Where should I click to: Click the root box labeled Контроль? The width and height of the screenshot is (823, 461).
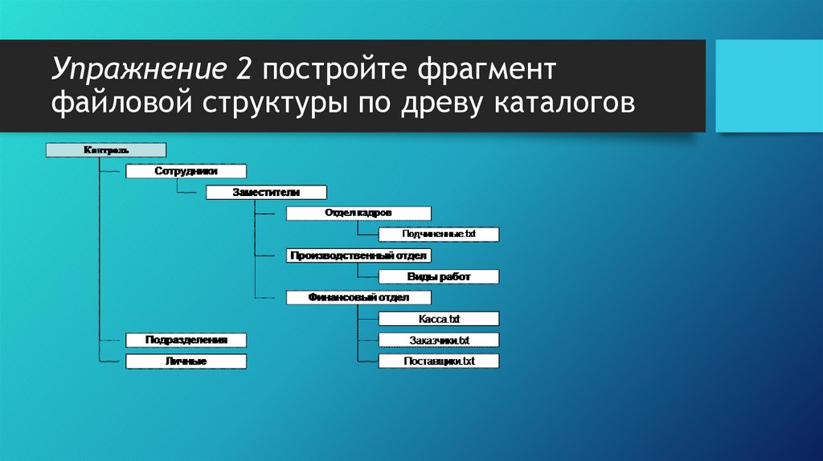pyautogui.click(x=106, y=150)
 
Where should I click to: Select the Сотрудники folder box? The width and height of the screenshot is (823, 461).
pyautogui.click(x=186, y=171)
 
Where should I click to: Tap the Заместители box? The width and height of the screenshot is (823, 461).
pyautogui.click(x=266, y=193)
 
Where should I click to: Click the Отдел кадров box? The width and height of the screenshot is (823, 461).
pyautogui.click(x=358, y=214)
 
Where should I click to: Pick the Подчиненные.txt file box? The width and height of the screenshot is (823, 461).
pyautogui.click(x=439, y=235)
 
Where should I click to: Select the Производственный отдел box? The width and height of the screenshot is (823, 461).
pyautogui.click(x=358, y=255)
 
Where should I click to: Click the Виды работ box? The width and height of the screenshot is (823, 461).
pyautogui.click(x=439, y=277)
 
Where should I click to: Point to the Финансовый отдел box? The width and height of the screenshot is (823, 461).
pyautogui.click(x=358, y=297)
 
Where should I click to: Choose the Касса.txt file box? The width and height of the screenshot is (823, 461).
pyautogui.click(x=439, y=319)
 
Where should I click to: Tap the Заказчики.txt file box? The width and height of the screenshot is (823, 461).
pyautogui.click(x=439, y=340)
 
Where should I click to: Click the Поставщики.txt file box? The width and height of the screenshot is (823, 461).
pyautogui.click(x=439, y=361)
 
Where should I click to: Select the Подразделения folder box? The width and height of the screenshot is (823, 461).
pyautogui.click(x=186, y=340)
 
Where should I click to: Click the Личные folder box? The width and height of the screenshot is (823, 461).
pyautogui.click(x=186, y=361)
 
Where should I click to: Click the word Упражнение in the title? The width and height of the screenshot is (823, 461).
pyautogui.click(x=137, y=70)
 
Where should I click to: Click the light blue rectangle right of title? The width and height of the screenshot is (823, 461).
pyautogui.click(x=768, y=86)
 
